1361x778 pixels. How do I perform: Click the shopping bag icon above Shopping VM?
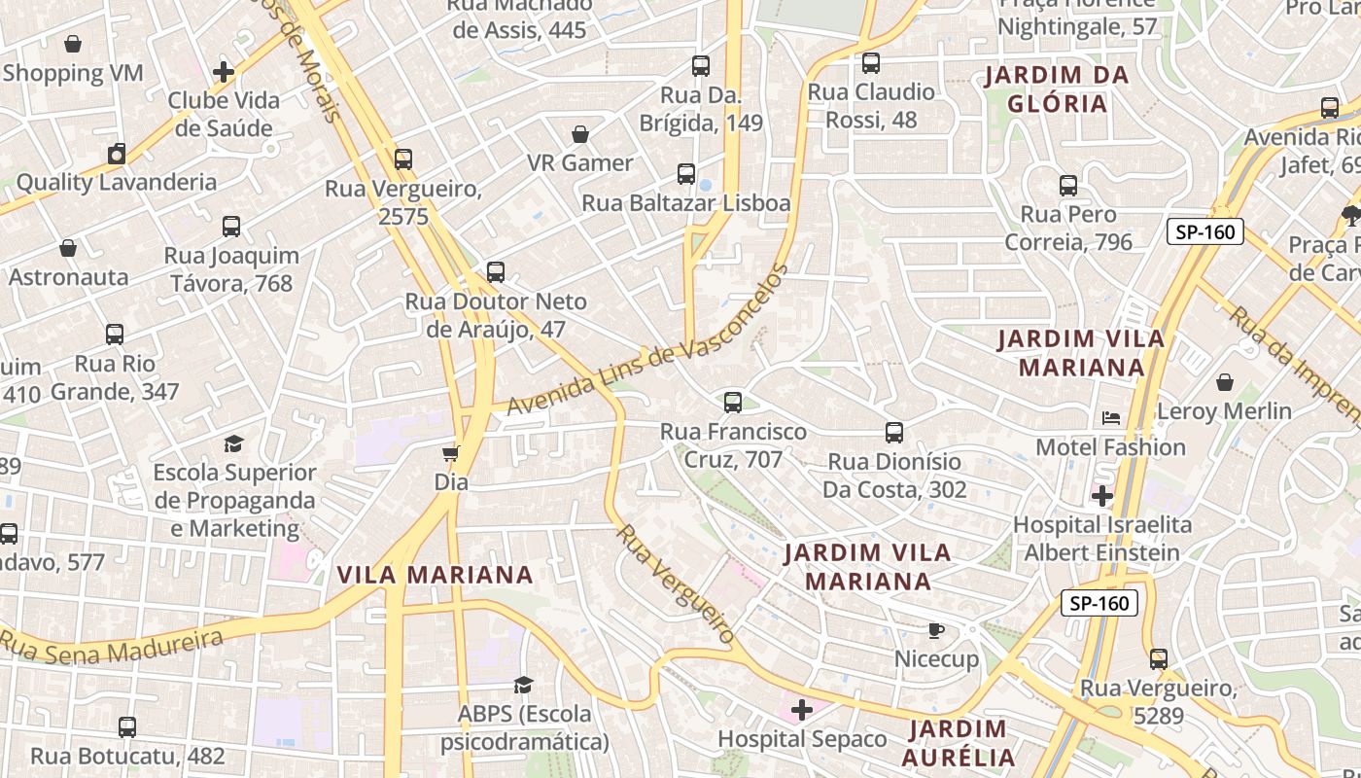click(x=73, y=44)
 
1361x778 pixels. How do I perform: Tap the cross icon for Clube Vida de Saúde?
click(x=224, y=72)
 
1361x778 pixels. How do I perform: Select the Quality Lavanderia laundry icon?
click(x=117, y=154)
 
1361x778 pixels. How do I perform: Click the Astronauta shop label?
click(x=68, y=277)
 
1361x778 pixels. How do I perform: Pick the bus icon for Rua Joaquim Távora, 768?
click(x=231, y=227)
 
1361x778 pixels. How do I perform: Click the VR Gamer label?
click(x=579, y=162)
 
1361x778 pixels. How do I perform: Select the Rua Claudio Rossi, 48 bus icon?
click(x=871, y=63)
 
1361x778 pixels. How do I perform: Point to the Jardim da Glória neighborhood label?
click(x=1057, y=89)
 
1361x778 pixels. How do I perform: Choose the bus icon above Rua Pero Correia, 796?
click(x=1068, y=186)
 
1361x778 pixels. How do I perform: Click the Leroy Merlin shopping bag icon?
click(x=1225, y=382)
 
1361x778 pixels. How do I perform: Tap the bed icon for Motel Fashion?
click(x=1111, y=418)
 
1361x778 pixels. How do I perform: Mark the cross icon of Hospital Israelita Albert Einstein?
click(x=1101, y=497)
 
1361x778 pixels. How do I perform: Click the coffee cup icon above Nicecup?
click(x=936, y=631)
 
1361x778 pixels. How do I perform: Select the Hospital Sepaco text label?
click(x=802, y=739)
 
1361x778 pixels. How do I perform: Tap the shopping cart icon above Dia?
click(x=451, y=453)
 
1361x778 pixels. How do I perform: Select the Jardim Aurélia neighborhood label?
click(x=958, y=743)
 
